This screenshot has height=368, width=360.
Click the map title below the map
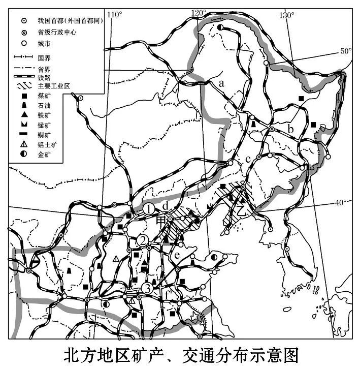(x=180, y=354)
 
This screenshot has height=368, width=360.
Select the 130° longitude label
(x=286, y=15)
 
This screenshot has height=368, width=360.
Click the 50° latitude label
(x=345, y=51)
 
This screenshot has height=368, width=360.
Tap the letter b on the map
(x=290, y=129)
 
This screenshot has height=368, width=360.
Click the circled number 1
(x=148, y=208)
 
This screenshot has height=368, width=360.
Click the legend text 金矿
(x=45, y=154)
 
